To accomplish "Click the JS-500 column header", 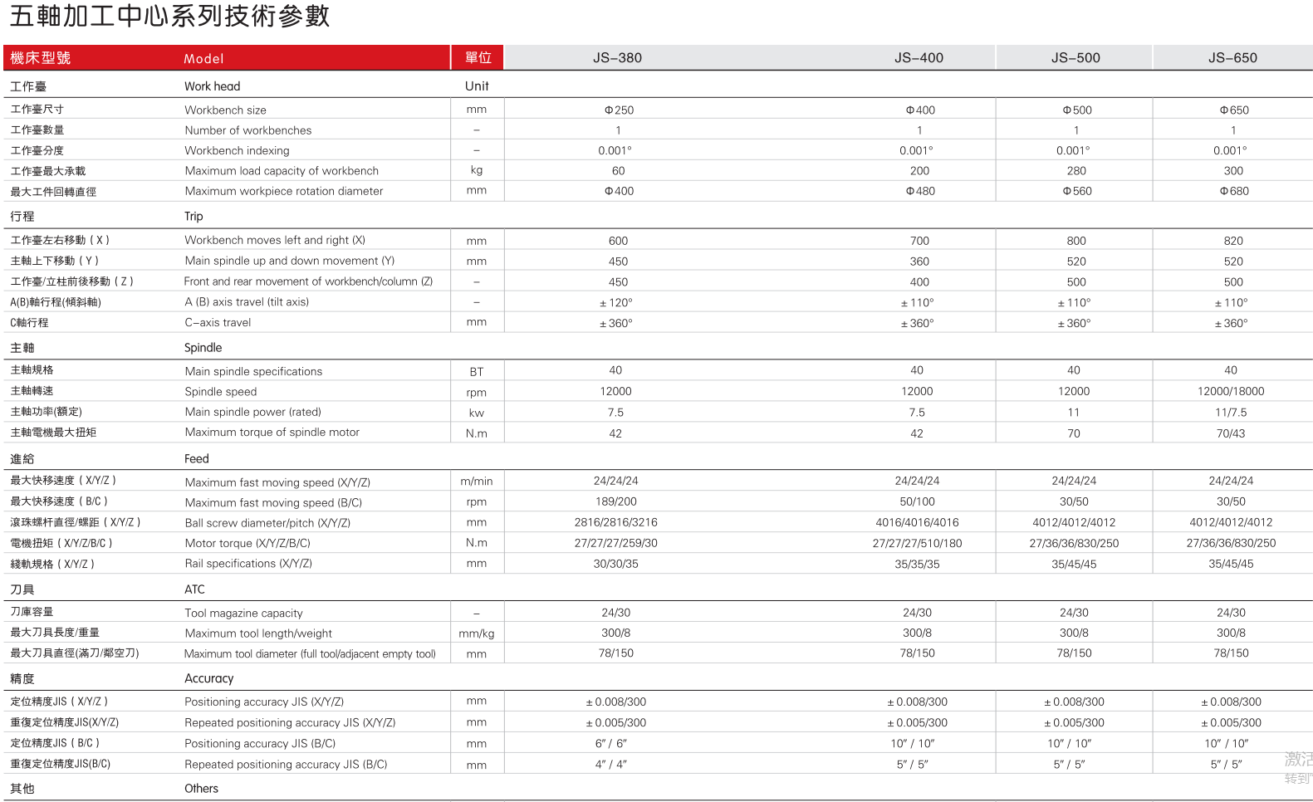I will (x=1075, y=58).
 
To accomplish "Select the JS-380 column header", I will (x=617, y=58).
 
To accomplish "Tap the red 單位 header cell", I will (x=478, y=58).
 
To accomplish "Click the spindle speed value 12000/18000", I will (x=1231, y=391).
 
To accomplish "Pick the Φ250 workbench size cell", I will (x=619, y=110).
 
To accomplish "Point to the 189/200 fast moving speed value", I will (x=616, y=501).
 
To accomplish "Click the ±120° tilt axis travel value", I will (x=616, y=303).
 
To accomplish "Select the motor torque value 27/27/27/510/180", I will (x=917, y=543).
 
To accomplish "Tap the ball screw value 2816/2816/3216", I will (x=616, y=522).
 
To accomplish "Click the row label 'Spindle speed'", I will (x=220, y=392).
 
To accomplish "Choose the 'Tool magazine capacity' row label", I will (x=243, y=613).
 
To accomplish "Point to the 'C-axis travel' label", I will (x=218, y=323).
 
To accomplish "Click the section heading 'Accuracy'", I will (x=208, y=678).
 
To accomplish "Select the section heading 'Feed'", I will (x=197, y=458).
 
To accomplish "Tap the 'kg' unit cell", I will (x=477, y=170).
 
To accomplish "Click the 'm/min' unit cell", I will (x=477, y=481).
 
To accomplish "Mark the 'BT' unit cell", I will (x=477, y=371).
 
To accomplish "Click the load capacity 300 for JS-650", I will (x=1233, y=171).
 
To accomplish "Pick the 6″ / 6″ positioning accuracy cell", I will (x=611, y=743).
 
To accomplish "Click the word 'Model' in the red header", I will (x=203, y=59).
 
